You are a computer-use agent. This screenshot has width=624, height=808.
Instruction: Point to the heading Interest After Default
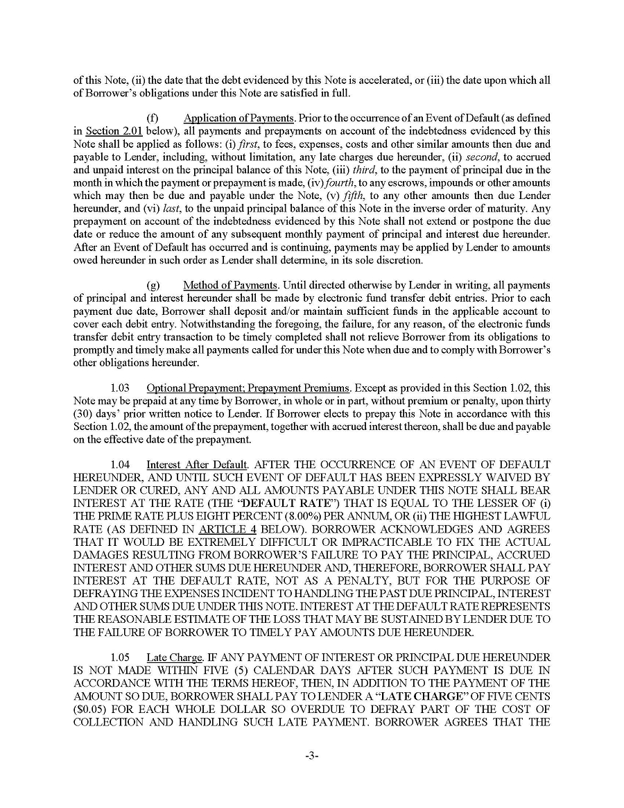tap(197, 464)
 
